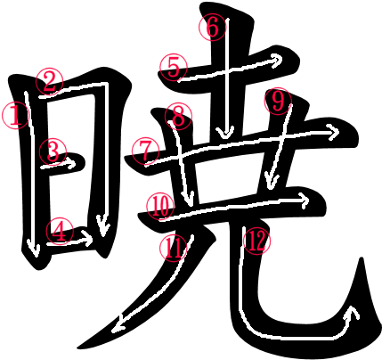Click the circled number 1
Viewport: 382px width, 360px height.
click(x=15, y=115)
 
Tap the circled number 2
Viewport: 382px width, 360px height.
click(x=49, y=81)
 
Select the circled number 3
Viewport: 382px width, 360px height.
click(x=53, y=151)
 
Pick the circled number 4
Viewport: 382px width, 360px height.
click(x=60, y=231)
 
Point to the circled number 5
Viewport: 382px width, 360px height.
click(x=174, y=68)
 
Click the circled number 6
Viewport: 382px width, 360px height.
click(x=213, y=27)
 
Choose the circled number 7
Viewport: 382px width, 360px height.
click(x=145, y=152)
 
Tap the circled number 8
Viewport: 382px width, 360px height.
click(x=178, y=117)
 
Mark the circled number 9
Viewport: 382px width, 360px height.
click(x=278, y=101)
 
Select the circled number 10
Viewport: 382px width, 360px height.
click(x=160, y=206)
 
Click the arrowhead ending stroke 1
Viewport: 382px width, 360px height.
click(x=33, y=250)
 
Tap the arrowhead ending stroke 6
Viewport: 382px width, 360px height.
click(x=226, y=133)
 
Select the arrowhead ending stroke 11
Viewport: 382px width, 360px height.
click(x=118, y=324)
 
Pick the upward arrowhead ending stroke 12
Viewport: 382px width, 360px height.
click(x=353, y=312)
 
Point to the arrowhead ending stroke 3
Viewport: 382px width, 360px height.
click(x=71, y=163)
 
